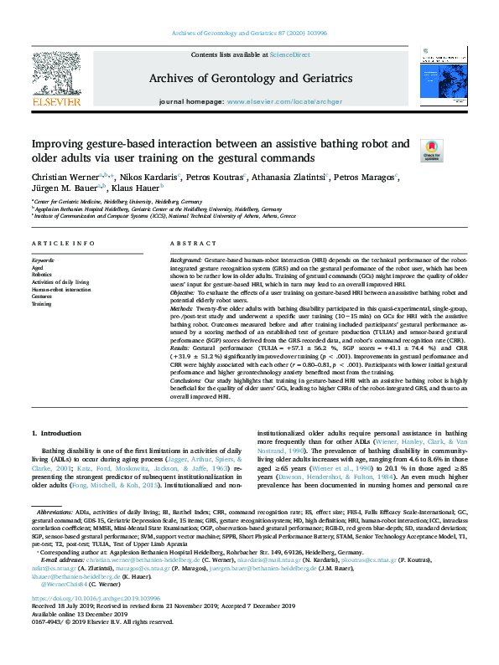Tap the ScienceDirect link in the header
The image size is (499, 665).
tap(289, 54)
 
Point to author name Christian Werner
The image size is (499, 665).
tap(64, 177)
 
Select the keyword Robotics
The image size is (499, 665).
tap(42, 274)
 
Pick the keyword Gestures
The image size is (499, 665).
tap(42, 296)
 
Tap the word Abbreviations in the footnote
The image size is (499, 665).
tap(55, 511)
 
